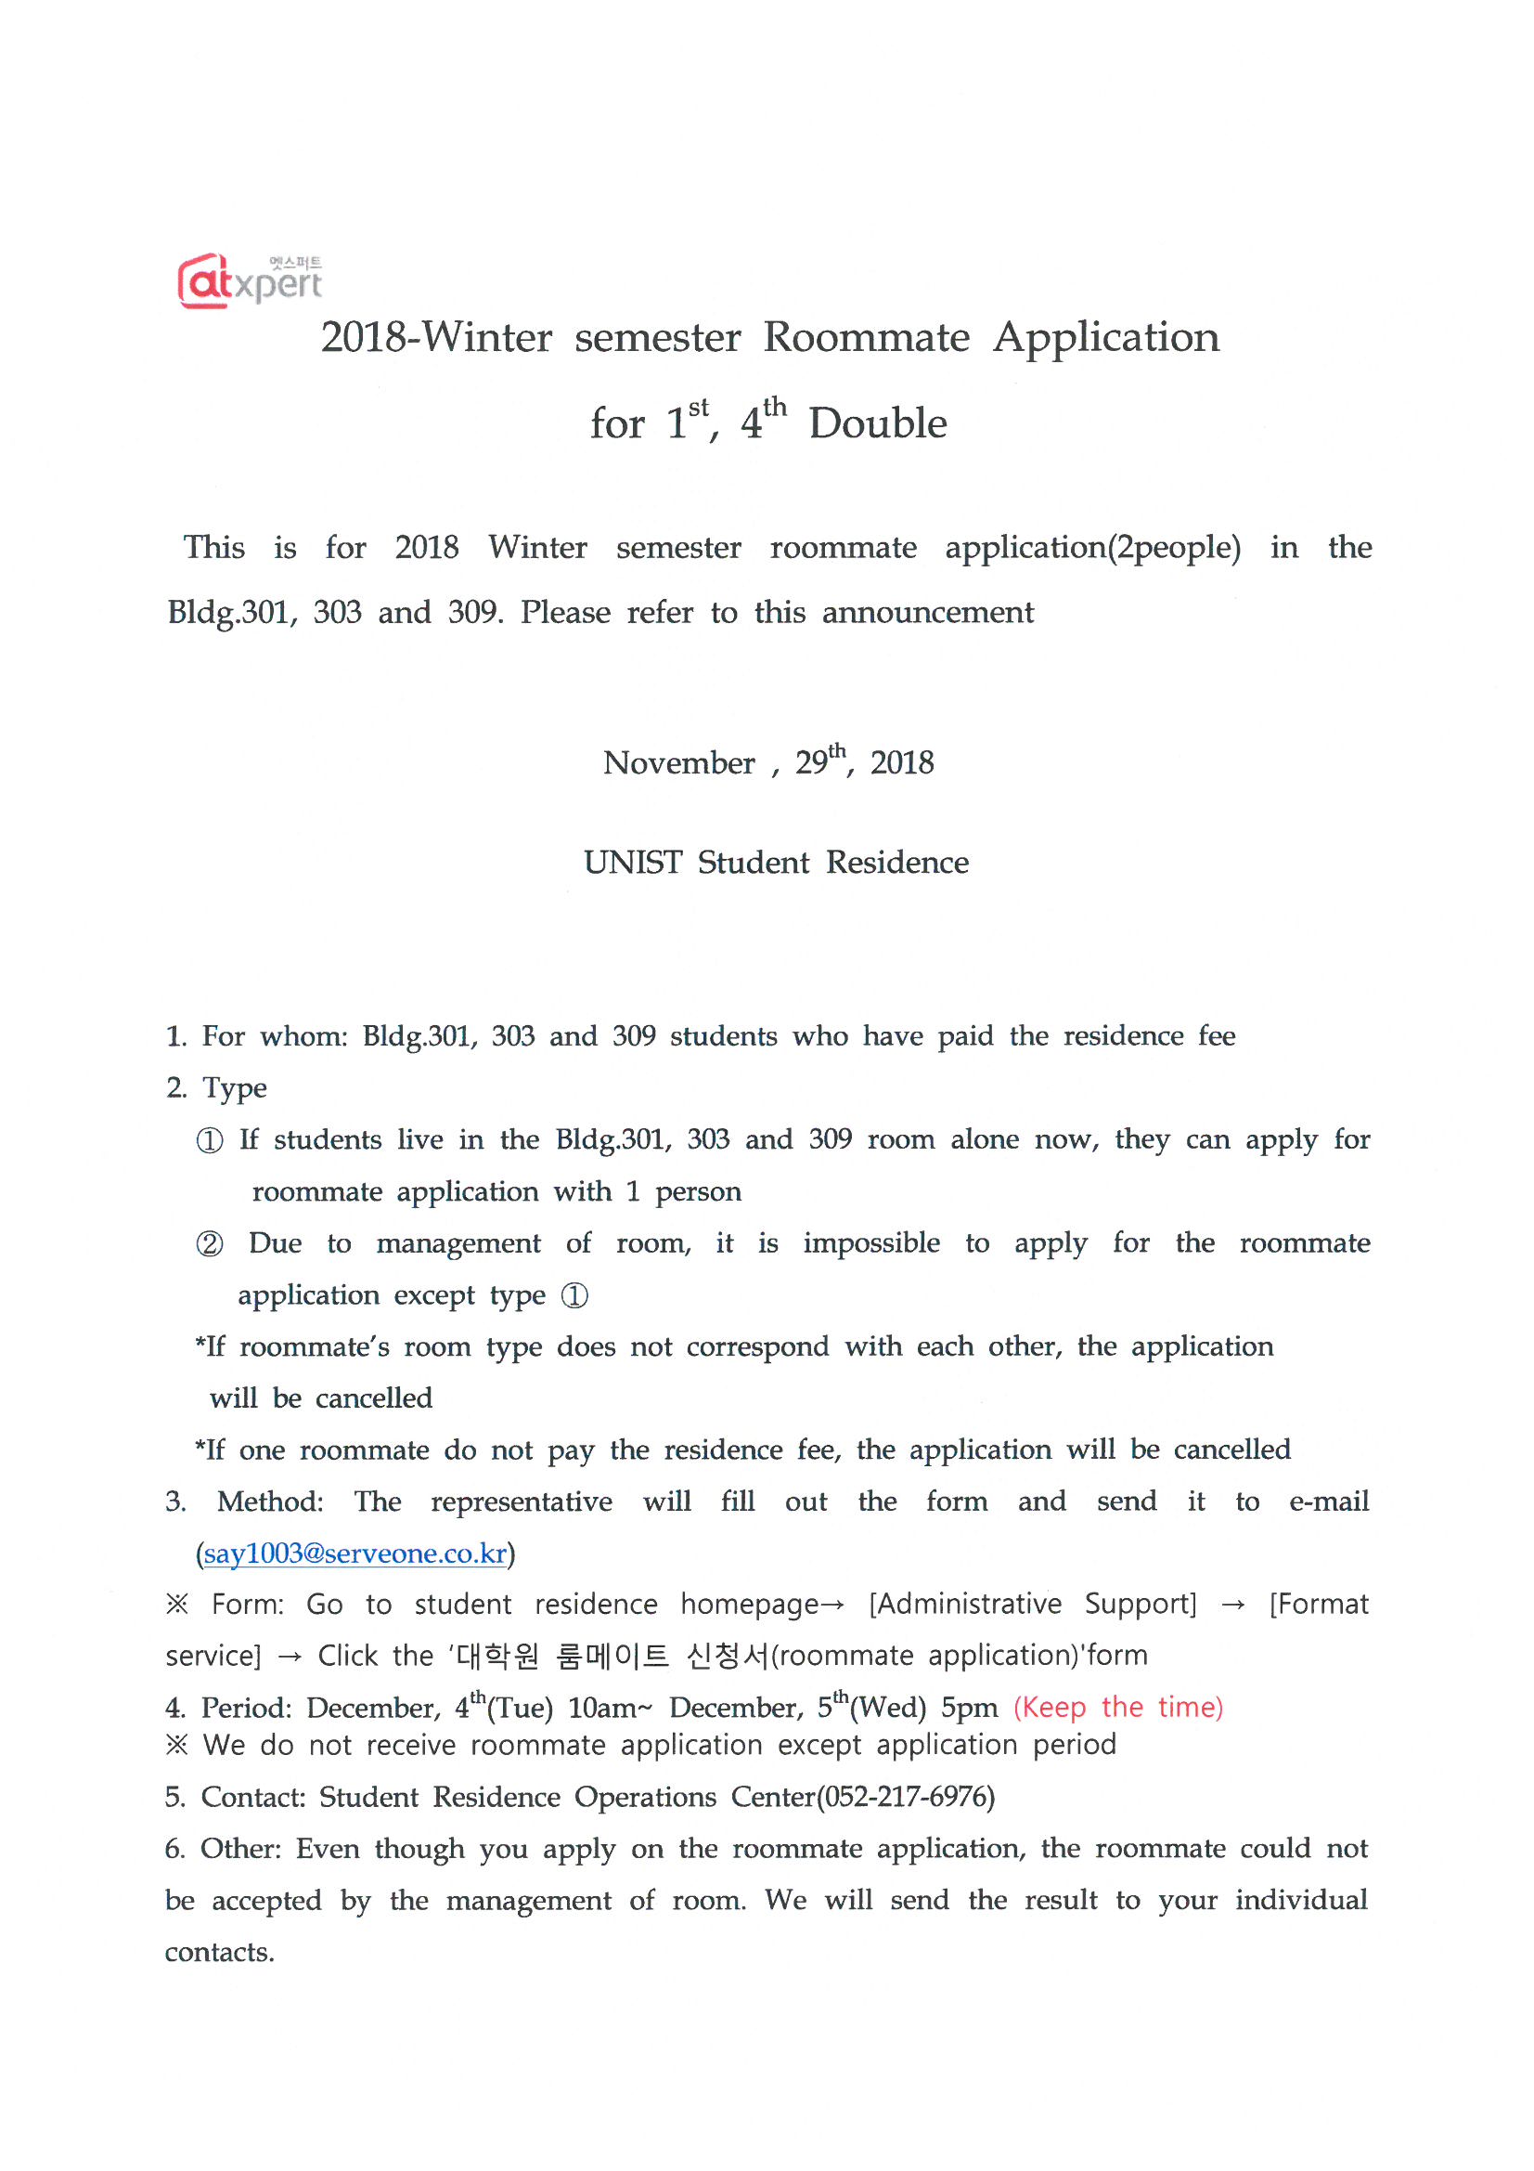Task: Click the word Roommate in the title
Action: tap(866, 338)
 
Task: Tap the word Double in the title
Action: tap(877, 423)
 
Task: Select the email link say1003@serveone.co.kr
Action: tap(355, 1553)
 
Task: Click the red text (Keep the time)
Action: tap(1118, 1707)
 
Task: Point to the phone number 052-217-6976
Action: tap(906, 1797)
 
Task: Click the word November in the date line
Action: tap(678, 763)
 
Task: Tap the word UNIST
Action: tap(632, 863)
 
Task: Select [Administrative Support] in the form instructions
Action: tap(1032, 1605)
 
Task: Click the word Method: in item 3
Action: tap(270, 1501)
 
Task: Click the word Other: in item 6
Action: tap(241, 1849)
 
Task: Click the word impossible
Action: tap(871, 1243)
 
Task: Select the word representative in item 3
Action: tap(522, 1501)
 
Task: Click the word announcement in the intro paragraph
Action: tap(928, 613)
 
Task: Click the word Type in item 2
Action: tap(235, 1088)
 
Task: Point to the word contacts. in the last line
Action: tap(219, 1953)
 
